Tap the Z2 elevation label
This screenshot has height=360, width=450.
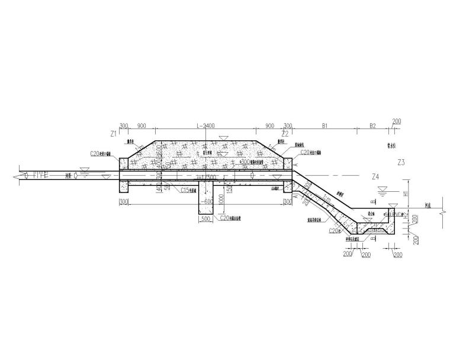(x=285, y=134)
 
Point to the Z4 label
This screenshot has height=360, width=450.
(x=374, y=176)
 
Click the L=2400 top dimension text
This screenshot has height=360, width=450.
(x=205, y=126)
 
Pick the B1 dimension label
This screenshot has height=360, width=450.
(x=324, y=126)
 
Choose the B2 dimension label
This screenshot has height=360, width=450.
(x=372, y=126)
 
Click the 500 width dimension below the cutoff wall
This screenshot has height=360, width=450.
(x=205, y=218)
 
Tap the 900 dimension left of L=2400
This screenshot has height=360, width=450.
(x=142, y=126)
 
